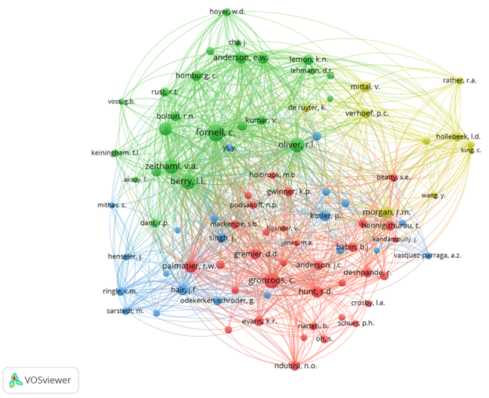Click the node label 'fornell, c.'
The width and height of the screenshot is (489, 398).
(x=215, y=132)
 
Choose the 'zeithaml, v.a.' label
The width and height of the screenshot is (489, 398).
(x=171, y=165)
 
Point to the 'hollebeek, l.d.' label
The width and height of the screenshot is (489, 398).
(x=459, y=137)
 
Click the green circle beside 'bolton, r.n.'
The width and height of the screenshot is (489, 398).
(x=165, y=130)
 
